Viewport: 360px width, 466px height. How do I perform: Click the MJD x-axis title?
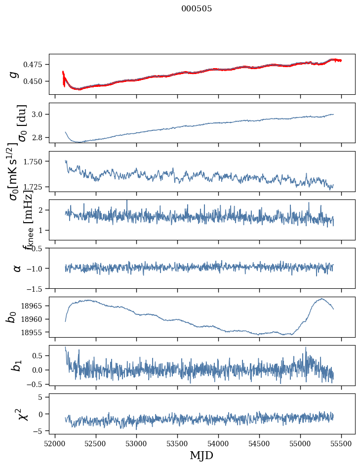click(x=201, y=455)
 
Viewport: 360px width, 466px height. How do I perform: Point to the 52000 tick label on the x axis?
click(x=55, y=443)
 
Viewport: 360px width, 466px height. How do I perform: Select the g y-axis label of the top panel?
click(x=14, y=74)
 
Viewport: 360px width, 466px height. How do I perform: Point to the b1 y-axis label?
click(x=17, y=365)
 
